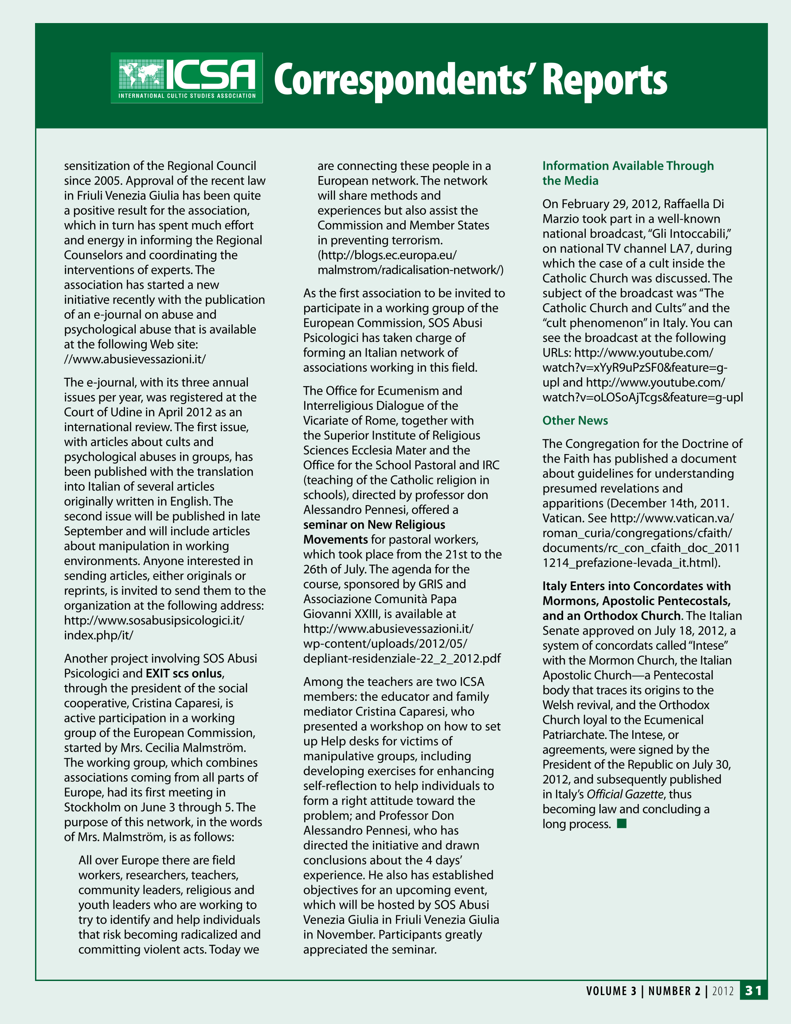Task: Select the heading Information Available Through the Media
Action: tap(627, 173)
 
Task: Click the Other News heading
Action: tap(575, 420)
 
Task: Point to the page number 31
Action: tap(753, 990)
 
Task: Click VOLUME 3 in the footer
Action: tap(611, 991)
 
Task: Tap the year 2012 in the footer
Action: tap(723, 991)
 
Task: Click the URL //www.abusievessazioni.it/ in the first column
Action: tap(135, 359)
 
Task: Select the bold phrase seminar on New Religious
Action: tap(374, 525)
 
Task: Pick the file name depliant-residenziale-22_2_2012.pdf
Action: tap(402, 658)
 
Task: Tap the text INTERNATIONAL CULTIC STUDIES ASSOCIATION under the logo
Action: tap(187, 96)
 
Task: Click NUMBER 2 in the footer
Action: tap(674, 991)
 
